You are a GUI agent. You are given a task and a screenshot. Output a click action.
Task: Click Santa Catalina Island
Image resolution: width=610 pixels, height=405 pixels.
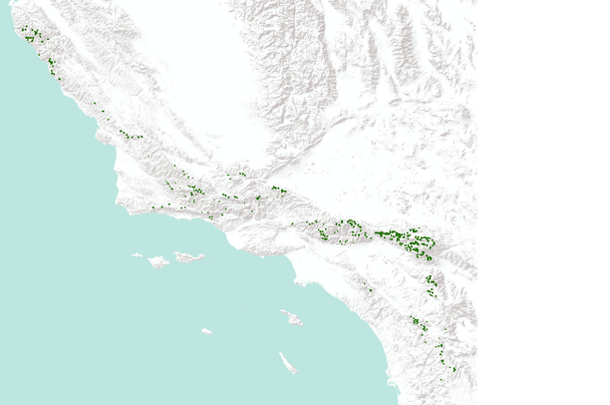tap(291, 318)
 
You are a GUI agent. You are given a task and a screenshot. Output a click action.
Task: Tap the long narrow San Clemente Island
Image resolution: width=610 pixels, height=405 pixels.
tap(287, 362)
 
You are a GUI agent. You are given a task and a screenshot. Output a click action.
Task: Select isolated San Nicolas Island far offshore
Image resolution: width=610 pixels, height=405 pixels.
tap(205, 330)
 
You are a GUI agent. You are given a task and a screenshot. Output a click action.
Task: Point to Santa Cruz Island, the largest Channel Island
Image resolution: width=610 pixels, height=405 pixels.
tap(188, 257)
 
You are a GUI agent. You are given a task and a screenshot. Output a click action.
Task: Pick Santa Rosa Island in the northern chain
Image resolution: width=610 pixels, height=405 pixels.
tap(158, 261)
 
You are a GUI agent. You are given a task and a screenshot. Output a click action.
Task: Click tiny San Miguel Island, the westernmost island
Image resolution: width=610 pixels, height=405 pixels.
tap(137, 254)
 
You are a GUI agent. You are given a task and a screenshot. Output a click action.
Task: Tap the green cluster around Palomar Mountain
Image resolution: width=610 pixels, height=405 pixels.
tap(419, 323)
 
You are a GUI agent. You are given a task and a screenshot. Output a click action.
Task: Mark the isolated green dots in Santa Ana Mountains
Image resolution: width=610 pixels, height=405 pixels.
tap(369, 289)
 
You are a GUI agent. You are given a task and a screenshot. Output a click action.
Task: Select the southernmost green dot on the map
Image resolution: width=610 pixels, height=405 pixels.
tap(454, 370)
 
